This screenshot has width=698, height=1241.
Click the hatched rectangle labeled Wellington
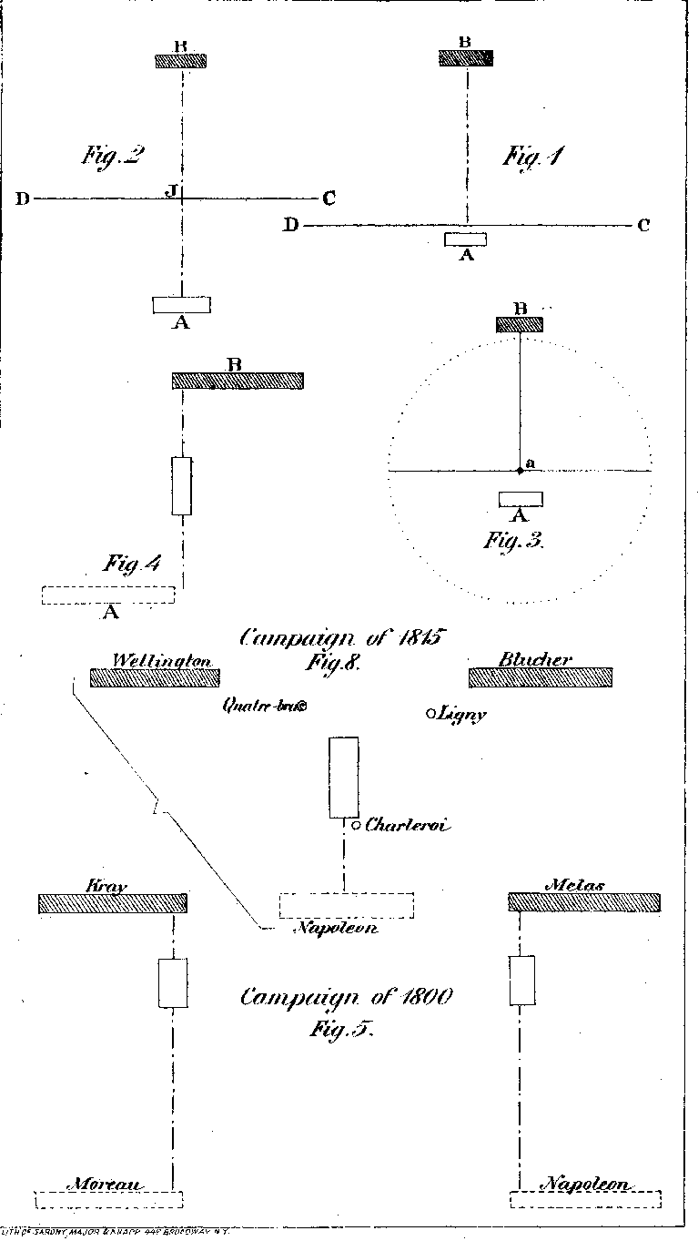pyautogui.click(x=155, y=677)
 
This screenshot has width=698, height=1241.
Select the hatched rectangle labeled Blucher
pyautogui.click(x=541, y=677)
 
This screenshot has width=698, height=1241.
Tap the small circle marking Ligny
pyautogui.click(x=431, y=714)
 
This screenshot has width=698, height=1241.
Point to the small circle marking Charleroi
pyautogui.click(x=357, y=825)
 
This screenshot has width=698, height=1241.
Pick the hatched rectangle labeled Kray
pyautogui.click(x=112, y=903)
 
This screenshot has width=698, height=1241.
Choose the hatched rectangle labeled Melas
pyautogui.click(x=583, y=902)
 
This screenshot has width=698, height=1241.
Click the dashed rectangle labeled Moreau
pyautogui.click(x=109, y=1199)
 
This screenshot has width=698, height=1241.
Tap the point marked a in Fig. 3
pyautogui.click(x=520, y=470)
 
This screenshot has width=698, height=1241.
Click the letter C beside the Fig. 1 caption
pyautogui.click(x=643, y=226)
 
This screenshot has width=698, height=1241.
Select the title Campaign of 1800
pyautogui.click(x=347, y=997)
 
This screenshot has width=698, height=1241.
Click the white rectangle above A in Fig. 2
pyautogui.click(x=181, y=304)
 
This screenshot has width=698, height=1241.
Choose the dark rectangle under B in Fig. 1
pyautogui.click(x=466, y=58)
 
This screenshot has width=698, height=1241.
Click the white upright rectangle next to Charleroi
pyautogui.click(x=344, y=777)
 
